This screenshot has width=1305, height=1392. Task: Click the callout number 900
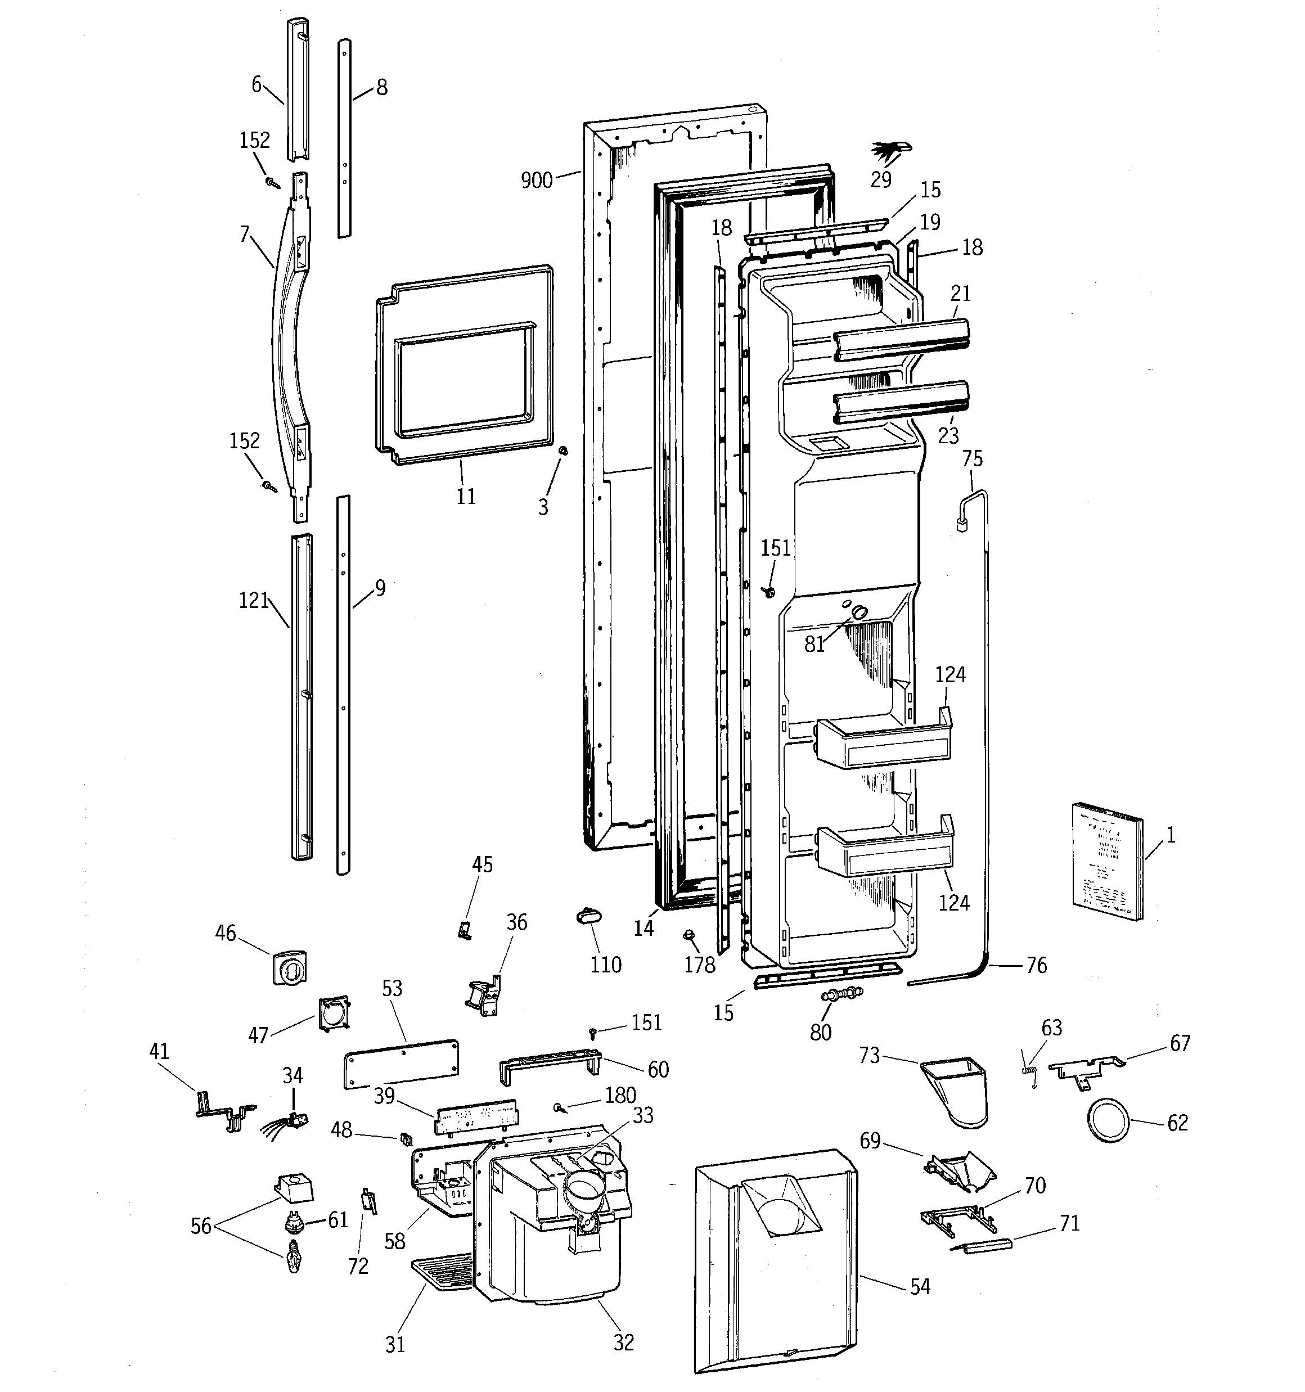pyautogui.click(x=537, y=181)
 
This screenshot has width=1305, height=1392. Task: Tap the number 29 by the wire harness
pyautogui.click(x=880, y=179)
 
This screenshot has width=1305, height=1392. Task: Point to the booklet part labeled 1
pyautogui.click(x=1107, y=861)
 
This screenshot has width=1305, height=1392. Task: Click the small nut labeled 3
pyautogui.click(x=562, y=452)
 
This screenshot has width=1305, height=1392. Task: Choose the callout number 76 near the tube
pyautogui.click(x=1036, y=966)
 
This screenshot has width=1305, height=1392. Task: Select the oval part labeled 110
pyautogui.click(x=590, y=917)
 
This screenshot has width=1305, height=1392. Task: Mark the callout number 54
pyautogui.click(x=920, y=1286)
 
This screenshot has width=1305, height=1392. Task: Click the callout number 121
pyautogui.click(x=254, y=600)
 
